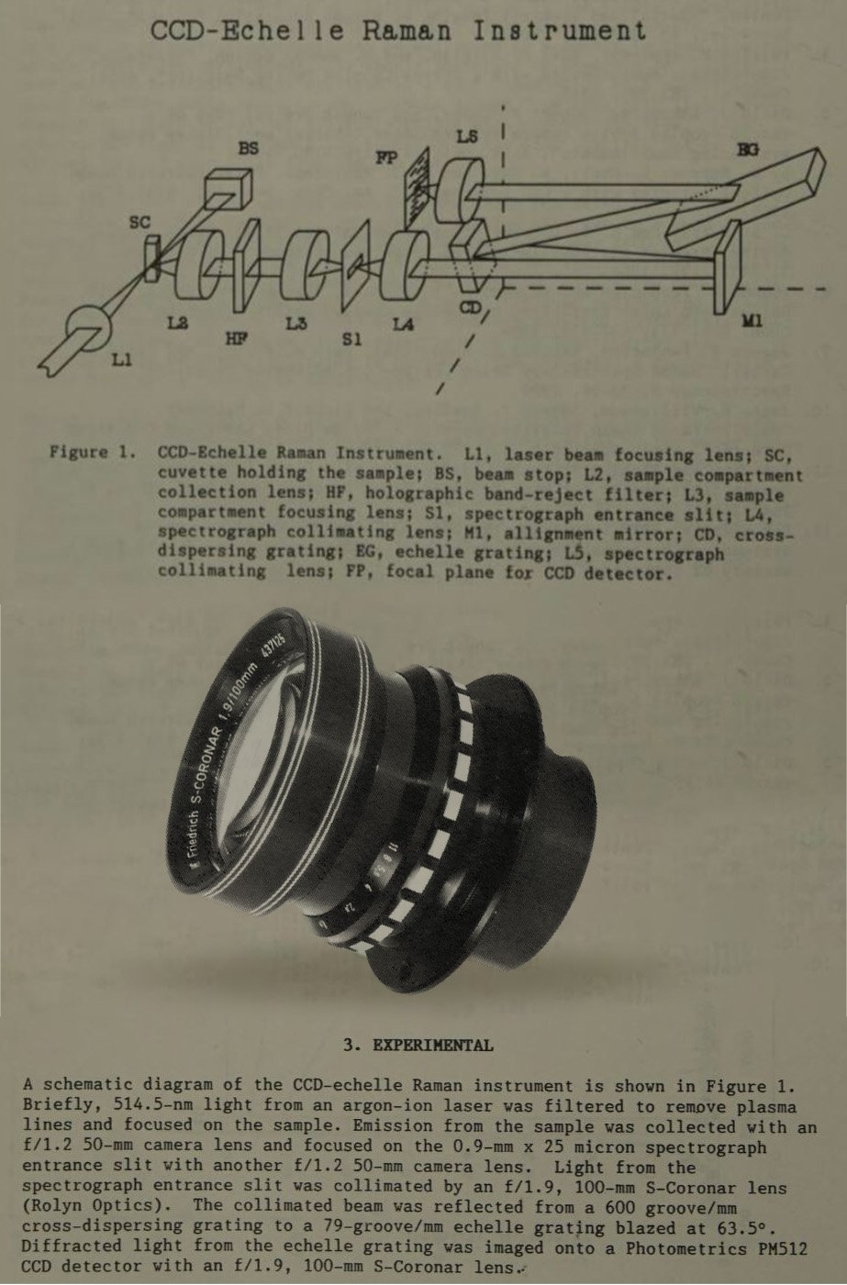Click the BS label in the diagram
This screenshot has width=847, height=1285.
coord(248,148)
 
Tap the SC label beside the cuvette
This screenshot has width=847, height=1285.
coord(139,223)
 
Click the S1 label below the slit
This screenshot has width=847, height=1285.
coord(351,339)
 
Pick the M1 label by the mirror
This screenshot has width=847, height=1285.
coord(752,322)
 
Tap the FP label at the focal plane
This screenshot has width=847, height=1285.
coord(386,157)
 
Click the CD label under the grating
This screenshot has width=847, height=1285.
coord(470,308)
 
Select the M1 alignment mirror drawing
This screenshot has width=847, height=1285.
coord(728,267)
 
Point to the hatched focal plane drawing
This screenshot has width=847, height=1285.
coord(418,188)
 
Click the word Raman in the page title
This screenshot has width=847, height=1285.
coord(407,30)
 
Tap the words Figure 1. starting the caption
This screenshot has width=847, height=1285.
coord(93,452)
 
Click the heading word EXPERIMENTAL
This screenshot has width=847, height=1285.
coord(433,1045)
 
